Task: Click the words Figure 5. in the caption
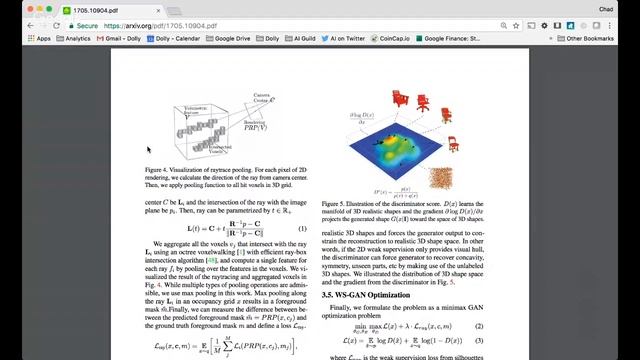click(336, 202)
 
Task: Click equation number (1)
click(302, 228)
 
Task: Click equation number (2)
click(480, 326)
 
